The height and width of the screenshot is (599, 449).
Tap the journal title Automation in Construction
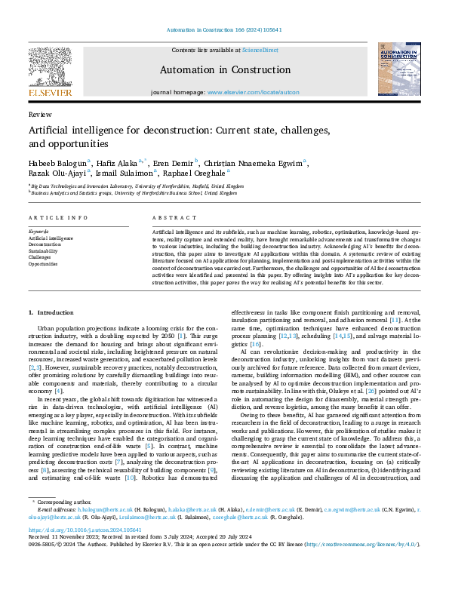tap(224, 70)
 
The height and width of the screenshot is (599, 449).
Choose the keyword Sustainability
tap(44, 250)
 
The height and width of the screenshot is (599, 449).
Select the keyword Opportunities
tap(43, 264)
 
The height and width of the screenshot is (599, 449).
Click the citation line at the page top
tap(224, 30)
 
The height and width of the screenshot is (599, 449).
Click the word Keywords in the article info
tap(38, 231)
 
